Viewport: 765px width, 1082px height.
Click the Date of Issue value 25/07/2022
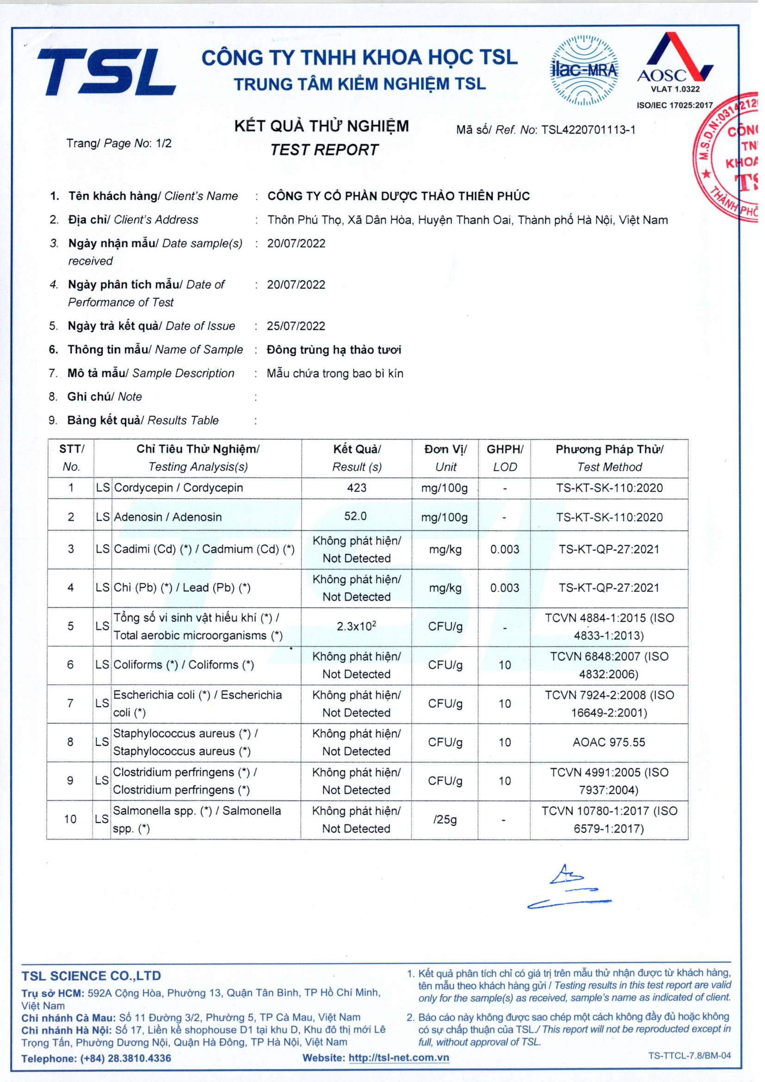(296, 326)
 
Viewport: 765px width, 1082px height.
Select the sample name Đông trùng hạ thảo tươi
(334, 350)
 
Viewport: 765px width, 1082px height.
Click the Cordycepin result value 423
(357, 488)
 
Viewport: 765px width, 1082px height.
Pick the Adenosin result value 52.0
(355, 516)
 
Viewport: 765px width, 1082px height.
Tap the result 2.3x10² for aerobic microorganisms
(356, 626)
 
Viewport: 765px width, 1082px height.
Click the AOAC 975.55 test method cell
(609, 742)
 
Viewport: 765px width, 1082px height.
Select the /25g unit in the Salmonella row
(444, 820)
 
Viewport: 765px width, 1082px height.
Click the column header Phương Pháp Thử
(609, 449)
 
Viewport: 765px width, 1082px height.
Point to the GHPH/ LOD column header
(505, 458)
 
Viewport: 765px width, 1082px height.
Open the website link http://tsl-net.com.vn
(399, 1058)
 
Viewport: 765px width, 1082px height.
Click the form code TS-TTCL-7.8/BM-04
(689, 1056)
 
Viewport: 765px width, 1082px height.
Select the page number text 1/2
(163, 143)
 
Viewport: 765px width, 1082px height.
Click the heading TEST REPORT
(324, 150)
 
